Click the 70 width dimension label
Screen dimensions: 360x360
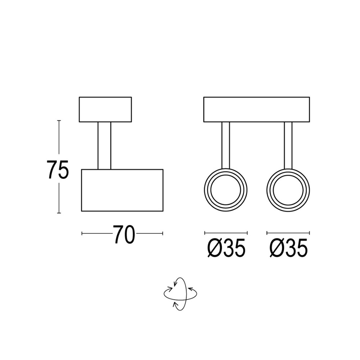[124, 235]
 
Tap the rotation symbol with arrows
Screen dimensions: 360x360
[180, 294]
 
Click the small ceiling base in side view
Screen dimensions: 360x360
[105, 109]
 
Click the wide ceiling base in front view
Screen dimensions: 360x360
[257, 109]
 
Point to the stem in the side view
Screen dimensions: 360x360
[104, 145]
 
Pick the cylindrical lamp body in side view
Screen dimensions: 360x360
[122, 190]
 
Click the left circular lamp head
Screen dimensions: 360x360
[226, 190]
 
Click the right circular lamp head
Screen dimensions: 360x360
[288, 190]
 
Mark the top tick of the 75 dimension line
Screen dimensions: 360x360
[59, 121]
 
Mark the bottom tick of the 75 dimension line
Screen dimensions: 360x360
[59, 213]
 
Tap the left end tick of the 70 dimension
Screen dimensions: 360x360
[82, 234]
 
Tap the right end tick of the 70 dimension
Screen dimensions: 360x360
[163, 234]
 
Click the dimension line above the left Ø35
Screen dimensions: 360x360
[226, 232]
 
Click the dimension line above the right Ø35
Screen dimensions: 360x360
[288, 232]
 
